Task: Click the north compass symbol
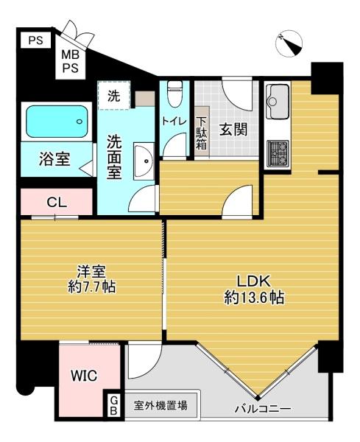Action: (289, 44)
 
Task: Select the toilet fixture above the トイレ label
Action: (174, 94)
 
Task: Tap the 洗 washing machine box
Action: (113, 95)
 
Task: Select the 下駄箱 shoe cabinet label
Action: (202, 133)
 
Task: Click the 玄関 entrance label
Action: (232, 130)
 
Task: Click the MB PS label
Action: (71, 61)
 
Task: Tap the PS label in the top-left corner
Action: (35, 41)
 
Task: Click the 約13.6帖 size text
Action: (254, 298)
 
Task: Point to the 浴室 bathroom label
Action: (55, 160)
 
